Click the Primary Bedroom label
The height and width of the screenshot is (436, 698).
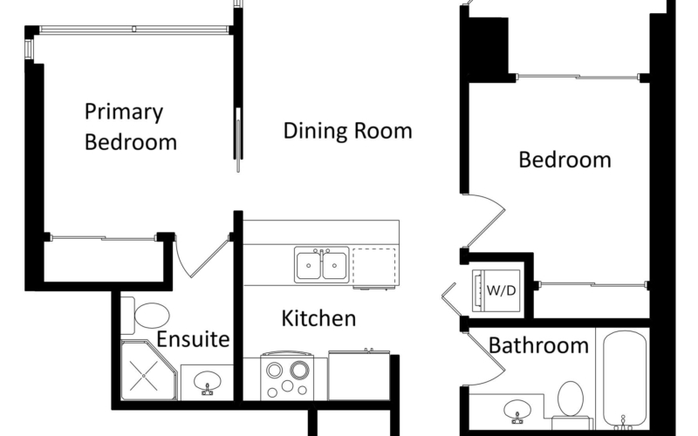130,127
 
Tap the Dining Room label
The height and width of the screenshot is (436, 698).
347,131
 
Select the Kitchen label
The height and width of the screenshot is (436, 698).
318,318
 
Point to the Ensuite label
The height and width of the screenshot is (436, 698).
193,339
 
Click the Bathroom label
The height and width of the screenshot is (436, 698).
538,345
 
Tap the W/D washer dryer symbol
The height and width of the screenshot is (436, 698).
496,290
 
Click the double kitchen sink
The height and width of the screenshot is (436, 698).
321,265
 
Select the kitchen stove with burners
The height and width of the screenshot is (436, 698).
287,375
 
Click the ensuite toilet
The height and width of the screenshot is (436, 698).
146,316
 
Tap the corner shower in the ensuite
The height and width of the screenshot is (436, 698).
148,370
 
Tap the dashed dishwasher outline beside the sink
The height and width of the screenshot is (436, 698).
374,266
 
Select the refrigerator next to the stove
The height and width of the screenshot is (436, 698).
359,375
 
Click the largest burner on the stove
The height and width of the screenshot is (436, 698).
299,369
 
